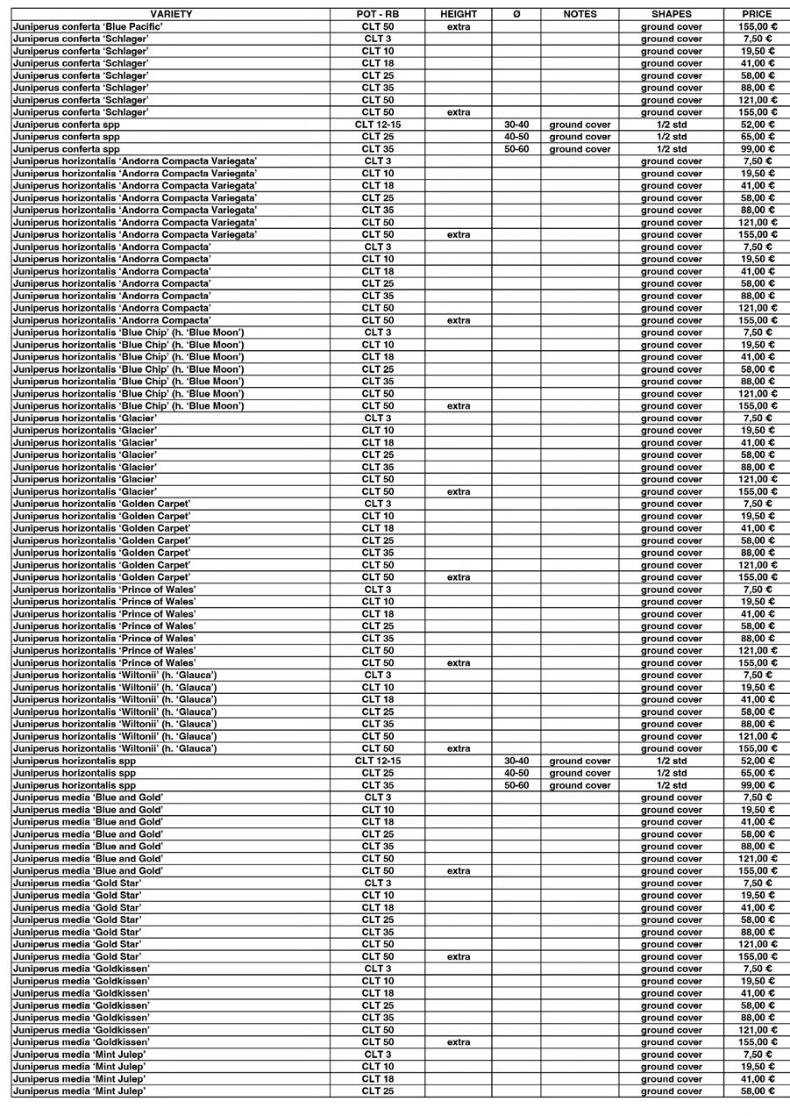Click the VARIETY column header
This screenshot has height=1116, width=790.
coord(171,14)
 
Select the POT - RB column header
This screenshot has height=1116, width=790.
coord(378,14)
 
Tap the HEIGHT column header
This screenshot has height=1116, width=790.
coord(459,14)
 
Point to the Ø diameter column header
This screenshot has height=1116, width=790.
coord(516,14)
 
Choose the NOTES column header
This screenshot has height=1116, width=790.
coord(580,14)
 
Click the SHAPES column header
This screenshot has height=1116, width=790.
coord(671,14)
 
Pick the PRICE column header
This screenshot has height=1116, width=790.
coord(757,14)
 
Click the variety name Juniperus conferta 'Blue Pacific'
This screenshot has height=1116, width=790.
coord(88,26)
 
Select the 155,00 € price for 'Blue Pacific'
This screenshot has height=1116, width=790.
coord(757,26)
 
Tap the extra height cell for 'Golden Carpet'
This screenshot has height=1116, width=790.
coord(459,577)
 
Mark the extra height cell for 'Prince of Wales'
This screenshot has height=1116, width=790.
coord(459,663)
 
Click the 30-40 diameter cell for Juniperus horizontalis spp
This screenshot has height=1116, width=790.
coord(516,761)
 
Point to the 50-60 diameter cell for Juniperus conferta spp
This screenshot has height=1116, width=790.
coord(516,149)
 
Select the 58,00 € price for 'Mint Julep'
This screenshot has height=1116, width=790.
coord(757,1091)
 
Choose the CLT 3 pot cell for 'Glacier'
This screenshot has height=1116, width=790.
coord(378,418)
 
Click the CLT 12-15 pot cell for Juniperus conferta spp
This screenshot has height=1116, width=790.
coord(378,125)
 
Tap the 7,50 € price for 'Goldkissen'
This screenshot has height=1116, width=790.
coord(757,969)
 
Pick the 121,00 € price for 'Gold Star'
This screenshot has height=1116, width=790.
coord(757,944)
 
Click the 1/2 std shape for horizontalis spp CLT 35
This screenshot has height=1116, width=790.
coord(671,785)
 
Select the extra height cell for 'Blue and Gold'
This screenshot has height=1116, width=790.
coord(459,871)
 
